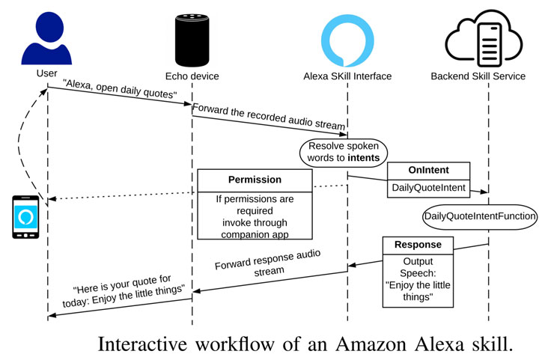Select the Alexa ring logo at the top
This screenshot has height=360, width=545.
click(x=347, y=37)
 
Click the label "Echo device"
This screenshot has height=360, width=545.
click(x=192, y=76)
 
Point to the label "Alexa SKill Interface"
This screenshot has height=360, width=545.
click(x=347, y=76)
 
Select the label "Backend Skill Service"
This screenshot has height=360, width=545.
click(x=478, y=76)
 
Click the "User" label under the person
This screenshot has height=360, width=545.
click(x=46, y=73)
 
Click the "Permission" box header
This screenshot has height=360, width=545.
click(x=255, y=180)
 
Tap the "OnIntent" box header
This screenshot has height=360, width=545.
click(x=428, y=171)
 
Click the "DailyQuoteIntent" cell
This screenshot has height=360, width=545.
click(x=428, y=188)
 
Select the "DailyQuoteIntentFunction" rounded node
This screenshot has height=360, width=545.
click(x=480, y=216)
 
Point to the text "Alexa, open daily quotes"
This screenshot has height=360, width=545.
click(x=120, y=94)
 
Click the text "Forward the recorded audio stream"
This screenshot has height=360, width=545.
click(x=269, y=116)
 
